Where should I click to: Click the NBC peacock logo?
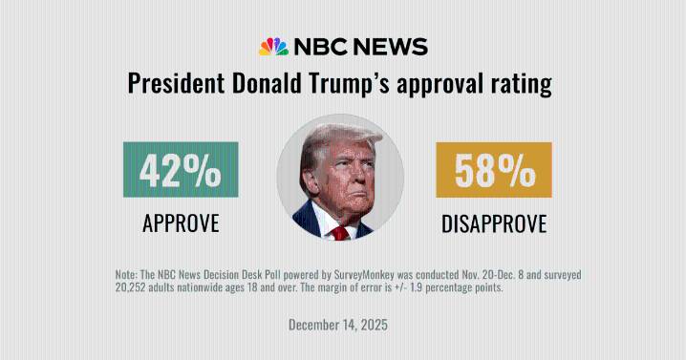[x=273, y=47]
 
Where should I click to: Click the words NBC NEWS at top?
[x=360, y=48]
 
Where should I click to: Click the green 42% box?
[x=181, y=170]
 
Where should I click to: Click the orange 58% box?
[x=494, y=170]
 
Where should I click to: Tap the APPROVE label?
[x=181, y=223]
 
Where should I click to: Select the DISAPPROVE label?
[x=494, y=223]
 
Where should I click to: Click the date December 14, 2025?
[x=338, y=325]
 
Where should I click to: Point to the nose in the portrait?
[x=346, y=187]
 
